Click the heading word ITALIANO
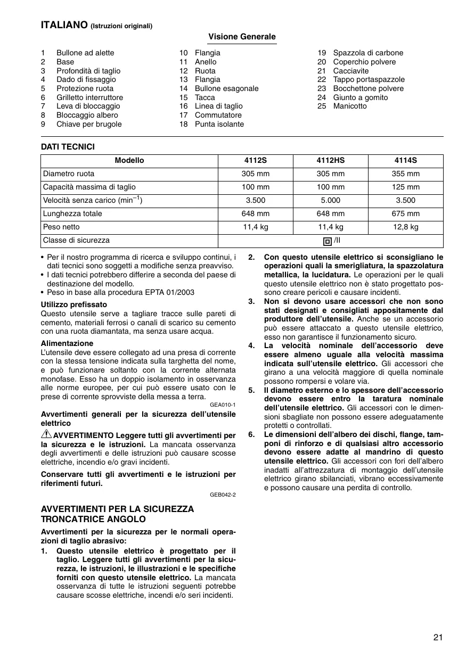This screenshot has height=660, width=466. [64, 24]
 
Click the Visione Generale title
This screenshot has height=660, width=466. [242, 37]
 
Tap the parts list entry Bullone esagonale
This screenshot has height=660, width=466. [226, 88]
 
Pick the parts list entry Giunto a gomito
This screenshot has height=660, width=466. [360, 97]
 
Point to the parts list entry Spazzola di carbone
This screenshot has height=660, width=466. [368, 53]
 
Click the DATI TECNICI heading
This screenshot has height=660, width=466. [68, 147]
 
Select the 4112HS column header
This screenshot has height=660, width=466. [330, 160]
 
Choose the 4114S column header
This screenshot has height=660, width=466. [405, 160]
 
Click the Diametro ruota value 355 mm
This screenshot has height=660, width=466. [405, 174]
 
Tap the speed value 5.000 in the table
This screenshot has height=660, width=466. [330, 200]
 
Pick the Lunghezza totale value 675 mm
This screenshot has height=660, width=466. [405, 213]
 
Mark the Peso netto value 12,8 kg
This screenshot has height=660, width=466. [405, 227]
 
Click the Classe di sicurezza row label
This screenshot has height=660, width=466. [76, 240]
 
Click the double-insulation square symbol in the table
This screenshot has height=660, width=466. [328, 241]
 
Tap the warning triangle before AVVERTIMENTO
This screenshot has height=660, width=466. [46, 435]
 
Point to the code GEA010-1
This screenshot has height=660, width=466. [223, 405]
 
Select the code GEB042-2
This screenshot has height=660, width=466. [223, 494]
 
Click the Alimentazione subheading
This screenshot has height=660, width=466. [67, 343]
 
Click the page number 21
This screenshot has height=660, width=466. [438, 637]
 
